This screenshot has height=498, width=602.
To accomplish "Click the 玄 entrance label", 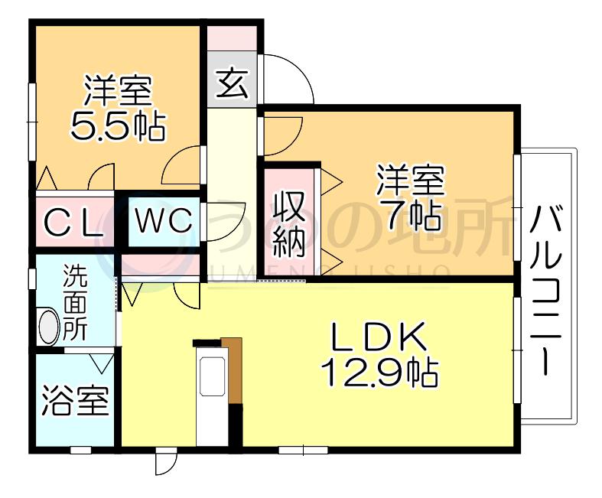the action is (x=232, y=83).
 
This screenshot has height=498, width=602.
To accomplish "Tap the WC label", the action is (x=164, y=221).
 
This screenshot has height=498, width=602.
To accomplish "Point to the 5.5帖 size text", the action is (x=118, y=126).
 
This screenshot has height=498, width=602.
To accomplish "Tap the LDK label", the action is (x=379, y=337).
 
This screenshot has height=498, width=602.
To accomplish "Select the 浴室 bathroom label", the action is (x=75, y=400).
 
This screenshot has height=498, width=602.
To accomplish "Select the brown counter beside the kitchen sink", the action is (x=234, y=370).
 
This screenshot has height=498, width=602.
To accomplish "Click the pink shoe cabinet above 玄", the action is (x=232, y=38).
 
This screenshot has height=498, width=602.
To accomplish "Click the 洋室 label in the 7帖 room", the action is (x=411, y=180).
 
